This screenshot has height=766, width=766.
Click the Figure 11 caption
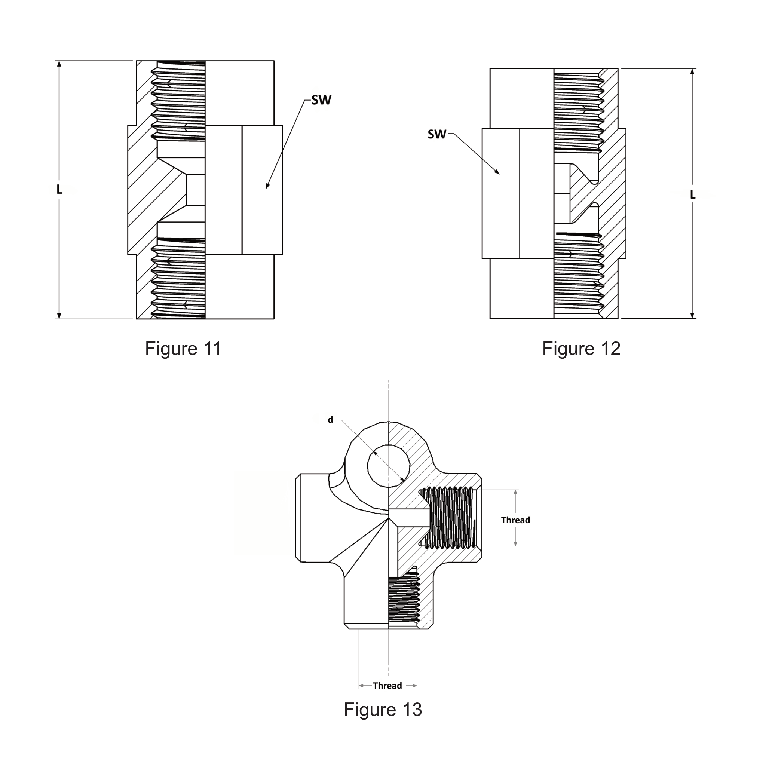click(183, 349)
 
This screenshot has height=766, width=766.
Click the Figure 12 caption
click(581, 349)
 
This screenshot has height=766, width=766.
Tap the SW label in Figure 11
click(321, 100)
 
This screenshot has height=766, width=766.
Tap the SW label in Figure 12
click(436, 134)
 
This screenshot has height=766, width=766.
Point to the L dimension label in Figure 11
click(59, 190)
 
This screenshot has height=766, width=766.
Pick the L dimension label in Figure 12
click(693, 194)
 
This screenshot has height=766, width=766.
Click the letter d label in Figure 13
click(330, 420)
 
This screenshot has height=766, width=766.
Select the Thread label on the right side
click(515, 520)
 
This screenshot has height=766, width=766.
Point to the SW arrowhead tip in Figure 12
click(499, 174)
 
